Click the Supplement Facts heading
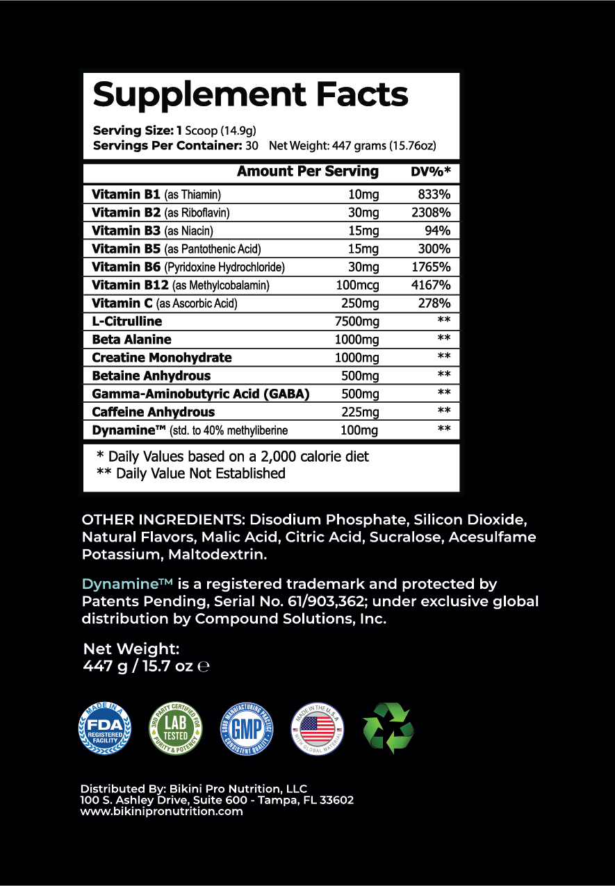coord(250,95)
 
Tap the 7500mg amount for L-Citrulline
coord(357,321)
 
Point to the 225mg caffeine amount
coord(361,412)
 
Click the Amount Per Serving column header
coord(308,172)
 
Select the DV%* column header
coord(431,172)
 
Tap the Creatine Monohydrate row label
coord(162,358)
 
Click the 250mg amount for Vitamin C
coord(361,303)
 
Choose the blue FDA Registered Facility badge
coord(104,728)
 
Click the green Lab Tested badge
coord(177,728)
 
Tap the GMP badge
coord(247,728)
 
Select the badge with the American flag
coord(317,728)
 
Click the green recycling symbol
coord(388,728)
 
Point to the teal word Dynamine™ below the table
coord(126,584)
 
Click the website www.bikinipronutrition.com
coord(162,811)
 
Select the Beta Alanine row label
coord(131,340)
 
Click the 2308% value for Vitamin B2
coord(427,213)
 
